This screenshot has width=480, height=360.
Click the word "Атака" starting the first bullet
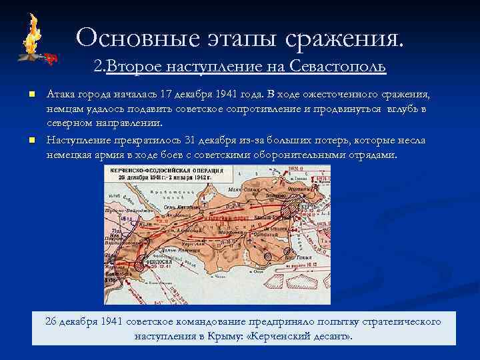(x=60, y=93)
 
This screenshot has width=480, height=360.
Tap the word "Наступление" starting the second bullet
(x=76, y=141)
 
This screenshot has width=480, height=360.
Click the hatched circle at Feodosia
(x=139, y=265)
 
